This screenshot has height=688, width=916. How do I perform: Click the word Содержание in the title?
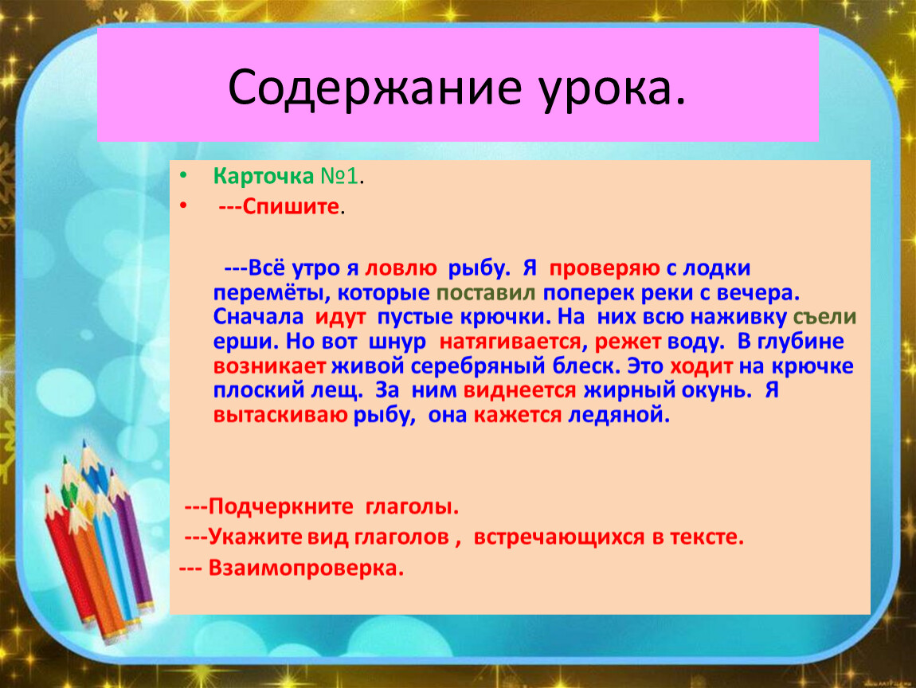click(x=374, y=88)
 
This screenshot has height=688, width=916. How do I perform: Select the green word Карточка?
click(x=264, y=176)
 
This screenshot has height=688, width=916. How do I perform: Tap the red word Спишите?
click(x=291, y=206)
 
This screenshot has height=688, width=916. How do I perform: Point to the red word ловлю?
click(x=401, y=268)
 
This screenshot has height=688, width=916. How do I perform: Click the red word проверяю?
click(x=605, y=269)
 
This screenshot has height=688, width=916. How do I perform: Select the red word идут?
click(x=341, y=317)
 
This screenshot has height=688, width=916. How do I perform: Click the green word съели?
click(x=824, y=317)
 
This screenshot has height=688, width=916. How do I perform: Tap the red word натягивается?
click(x=510, y=342)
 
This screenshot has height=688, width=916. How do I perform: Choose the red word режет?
click(x=628, y=342)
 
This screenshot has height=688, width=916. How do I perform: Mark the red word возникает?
click(x=269, y=366)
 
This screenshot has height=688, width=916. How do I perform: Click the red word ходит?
click(x=701, y=366)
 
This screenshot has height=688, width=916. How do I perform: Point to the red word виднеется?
click(x=520, y=390)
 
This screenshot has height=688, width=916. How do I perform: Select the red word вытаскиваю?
click(x=280, y=415)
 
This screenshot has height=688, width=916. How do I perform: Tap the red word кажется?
click(x=518, y=415)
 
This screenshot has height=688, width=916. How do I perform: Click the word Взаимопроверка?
click(x=306, y=568)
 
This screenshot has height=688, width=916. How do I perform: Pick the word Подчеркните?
click(x=280, y=506)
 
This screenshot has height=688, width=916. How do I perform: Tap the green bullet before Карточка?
click(x=183, y=175)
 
